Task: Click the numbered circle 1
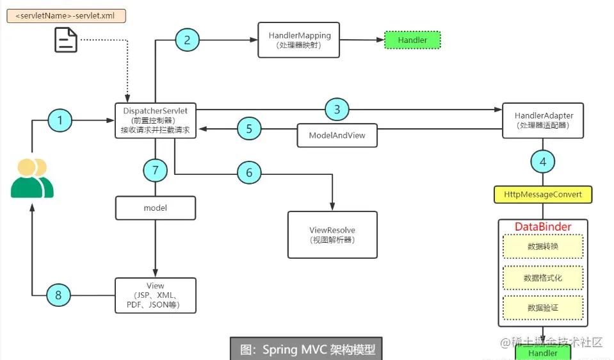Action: tap(61, 120)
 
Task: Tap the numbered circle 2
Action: tap(187, 40)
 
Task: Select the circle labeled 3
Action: tap(337, 110)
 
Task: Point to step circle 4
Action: tap(543, 161)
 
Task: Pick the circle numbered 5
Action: tap(249, 129)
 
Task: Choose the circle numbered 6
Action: tap(249, 172)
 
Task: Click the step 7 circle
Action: tap(155, 170)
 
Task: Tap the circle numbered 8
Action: tap(59, 295)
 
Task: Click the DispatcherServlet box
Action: tap(155, 120)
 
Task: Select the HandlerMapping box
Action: tap(299, 40)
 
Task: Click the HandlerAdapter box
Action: tap(543, 120)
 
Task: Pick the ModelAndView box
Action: tap(337, 136)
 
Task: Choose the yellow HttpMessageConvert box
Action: tap(543, 194)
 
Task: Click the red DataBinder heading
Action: tap(543, 227)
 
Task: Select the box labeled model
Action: tap(155, 208)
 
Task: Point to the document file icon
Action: tap(66, 40)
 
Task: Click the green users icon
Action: tap(32, 178)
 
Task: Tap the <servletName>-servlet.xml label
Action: tap(65, 15)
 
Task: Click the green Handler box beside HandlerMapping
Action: tap(412, 40)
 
